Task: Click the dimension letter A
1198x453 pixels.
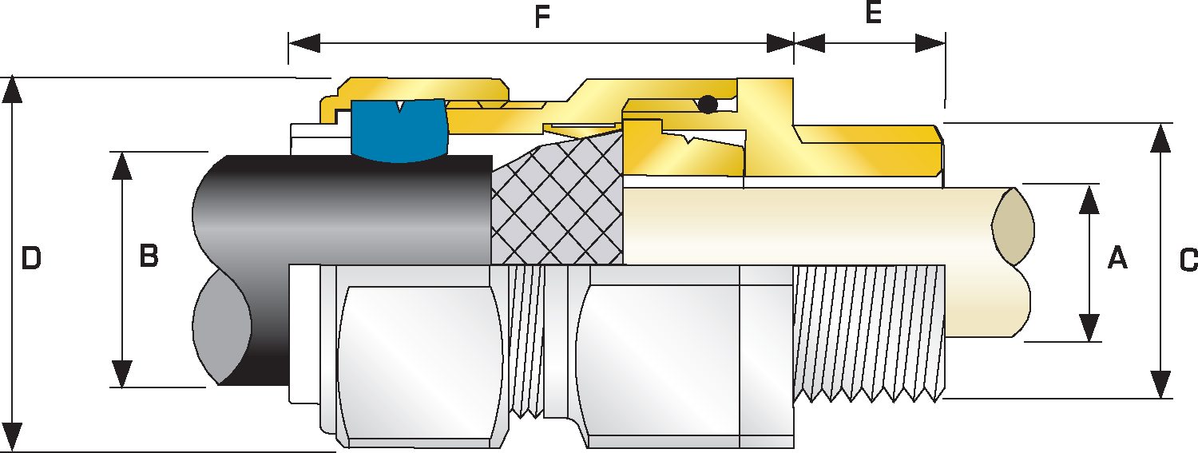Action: click(x=1117, y=258)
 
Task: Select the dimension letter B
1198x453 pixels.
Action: click(x=149, y=256)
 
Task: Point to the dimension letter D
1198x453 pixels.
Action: click(x=30, y=258)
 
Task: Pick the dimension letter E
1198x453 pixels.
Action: click(x=874, y=14)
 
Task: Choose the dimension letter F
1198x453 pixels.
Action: click(x=543, y=17)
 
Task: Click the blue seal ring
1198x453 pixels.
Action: click(x=398, y=129)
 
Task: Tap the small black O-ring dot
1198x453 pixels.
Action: click(x=707, y=104)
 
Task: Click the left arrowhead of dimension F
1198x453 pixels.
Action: click(x=303, y=42)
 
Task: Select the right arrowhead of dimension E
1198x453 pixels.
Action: click(x=931, y=42)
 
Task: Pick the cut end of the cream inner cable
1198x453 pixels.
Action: click(x=1013, y=227)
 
